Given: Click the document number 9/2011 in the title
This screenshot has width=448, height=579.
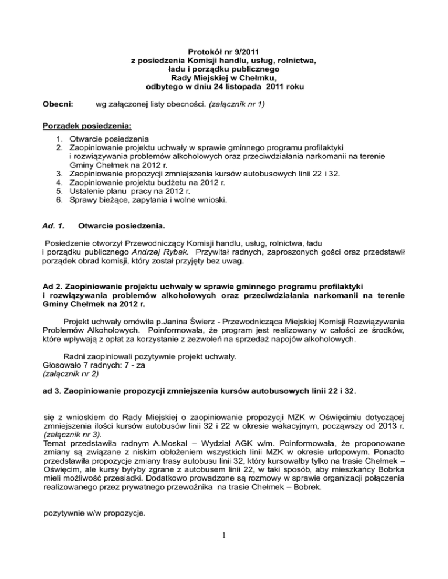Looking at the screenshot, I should pyautogui.click(x=243, y=51).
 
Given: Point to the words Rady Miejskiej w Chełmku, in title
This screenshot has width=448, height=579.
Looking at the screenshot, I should pyautogui.click(x=223, y=77).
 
